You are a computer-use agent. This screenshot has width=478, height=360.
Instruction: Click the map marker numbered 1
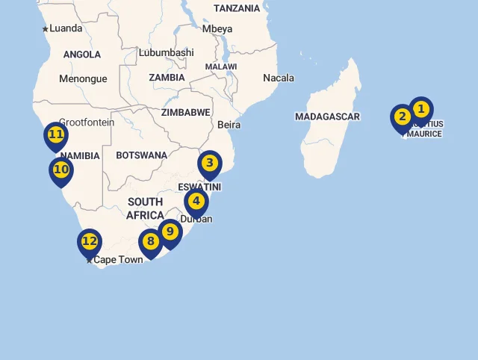click(420, 110)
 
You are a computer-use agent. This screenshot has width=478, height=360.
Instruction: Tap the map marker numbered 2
click(402, 117)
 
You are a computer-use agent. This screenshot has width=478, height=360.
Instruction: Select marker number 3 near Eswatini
click(210, 164)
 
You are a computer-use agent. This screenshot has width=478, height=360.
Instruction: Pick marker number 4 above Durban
click(196, 202)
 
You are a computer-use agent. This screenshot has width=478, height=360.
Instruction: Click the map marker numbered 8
click(151, 242)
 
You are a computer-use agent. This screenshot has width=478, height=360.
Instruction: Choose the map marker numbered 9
click(170, 232)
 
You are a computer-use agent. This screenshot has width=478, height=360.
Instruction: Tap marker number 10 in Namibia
click(61, 170)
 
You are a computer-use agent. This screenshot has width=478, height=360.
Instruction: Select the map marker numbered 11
click(56, 135)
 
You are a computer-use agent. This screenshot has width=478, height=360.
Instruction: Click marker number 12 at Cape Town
click(89, 241)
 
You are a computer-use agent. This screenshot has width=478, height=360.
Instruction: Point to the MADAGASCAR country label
click(327, 117)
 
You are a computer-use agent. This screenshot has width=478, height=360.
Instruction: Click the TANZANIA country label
click(237, 8)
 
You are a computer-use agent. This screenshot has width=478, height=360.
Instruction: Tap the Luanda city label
click(66, 28)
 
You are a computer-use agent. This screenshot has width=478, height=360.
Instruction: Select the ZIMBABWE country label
click(186, 113)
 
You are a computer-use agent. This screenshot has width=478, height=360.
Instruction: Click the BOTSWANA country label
click(141, 155)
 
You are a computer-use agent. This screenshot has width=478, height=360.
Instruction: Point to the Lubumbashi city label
click(166, 52)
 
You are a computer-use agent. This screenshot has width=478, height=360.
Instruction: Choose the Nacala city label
click(278, 78)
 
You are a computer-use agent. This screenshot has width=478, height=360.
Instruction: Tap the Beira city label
click(229, 125)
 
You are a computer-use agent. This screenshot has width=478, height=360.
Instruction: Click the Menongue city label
click(83, 78)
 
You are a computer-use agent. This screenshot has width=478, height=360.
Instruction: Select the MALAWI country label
click(221, 66)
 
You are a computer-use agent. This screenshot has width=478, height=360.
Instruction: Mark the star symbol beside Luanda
click(45, 29)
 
